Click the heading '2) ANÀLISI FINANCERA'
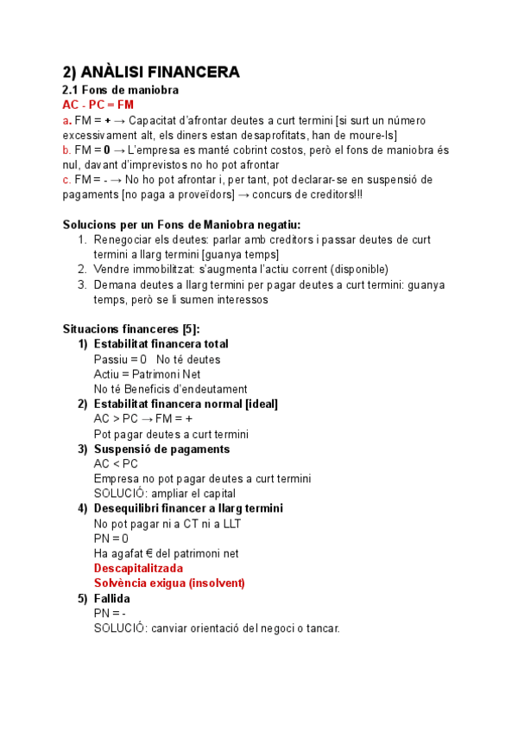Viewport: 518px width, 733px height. click(151, 72)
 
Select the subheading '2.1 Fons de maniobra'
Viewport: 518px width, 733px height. click(121, 91)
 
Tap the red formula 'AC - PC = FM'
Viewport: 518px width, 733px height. click(98, 105)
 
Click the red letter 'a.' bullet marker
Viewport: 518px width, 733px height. click(66, 120)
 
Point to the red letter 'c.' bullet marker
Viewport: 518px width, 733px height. click(66, 180)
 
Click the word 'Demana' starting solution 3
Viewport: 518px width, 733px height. click(116, 284)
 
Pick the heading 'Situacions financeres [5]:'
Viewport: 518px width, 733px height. click(131, 329)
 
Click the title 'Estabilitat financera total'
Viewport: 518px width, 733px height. click(161, 344)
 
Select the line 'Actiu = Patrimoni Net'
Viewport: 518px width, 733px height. click(147, 374)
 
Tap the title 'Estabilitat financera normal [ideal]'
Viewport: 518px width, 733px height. click(186, 404)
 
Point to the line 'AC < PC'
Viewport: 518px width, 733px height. click(116, 463)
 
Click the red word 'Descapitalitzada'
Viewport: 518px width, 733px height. click(138, 568)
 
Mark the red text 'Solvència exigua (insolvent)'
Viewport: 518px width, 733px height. click(169, 583)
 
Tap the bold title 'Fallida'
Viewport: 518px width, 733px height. click(112, 598)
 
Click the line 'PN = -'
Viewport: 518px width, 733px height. click(111, 613)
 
